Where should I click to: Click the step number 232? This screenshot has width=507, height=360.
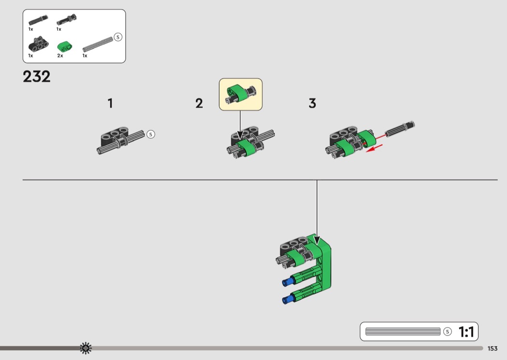click(x=37, y=77)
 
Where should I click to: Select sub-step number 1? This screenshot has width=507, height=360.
click(x=110, y=103)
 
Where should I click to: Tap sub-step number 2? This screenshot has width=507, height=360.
click(x=199, y=103)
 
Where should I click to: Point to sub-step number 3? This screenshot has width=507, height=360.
click(x=312, y=103)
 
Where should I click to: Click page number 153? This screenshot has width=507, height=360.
click(x=493, y=348)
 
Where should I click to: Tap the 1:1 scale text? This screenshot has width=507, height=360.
click(x=466, y=332)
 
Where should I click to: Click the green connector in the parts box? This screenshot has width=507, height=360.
click(x=65, y=47)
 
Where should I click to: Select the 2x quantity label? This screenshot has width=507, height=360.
click(x=60, y=55)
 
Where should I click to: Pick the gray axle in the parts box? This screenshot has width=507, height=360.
click(x=98, y=44)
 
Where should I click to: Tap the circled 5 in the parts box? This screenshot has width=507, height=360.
click(x=118, y=37)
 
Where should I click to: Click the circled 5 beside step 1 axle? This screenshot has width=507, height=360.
click(x=151, y=135)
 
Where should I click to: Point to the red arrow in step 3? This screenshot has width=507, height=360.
click(x=374, y=149)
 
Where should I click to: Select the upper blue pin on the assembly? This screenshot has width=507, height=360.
click(x=287, y=282)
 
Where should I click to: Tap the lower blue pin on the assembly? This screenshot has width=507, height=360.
click(x=287, y=300)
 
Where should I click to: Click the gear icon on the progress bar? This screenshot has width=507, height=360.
click(x=85, y=348)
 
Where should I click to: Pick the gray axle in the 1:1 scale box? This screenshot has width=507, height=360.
click(x=403, y=332)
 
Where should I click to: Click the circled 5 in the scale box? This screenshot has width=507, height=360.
click(x=448, y=332)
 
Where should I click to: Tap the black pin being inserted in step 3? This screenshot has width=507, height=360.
click(x=400, y=129)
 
